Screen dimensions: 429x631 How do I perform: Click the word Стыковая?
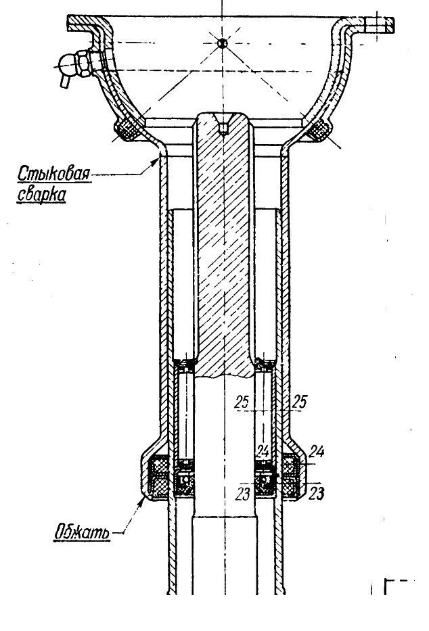pos(54,174)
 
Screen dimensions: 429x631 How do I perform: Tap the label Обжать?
pos(82,532)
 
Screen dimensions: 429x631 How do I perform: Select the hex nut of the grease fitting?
pos(84,63)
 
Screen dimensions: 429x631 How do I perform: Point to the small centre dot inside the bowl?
pos(222,43)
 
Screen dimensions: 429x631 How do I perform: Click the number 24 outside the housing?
pos(317,452)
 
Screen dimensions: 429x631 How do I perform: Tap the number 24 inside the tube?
pos(263,451)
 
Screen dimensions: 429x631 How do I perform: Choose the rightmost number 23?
pos(316,494)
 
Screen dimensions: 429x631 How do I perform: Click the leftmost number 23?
pos(243,494)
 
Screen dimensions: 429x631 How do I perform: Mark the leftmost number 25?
pos(242,402)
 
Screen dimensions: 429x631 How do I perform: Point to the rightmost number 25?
pos(300,402)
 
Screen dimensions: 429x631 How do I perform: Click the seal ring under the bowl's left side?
pos(127,130)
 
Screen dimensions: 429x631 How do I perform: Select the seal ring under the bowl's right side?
pos(319,130)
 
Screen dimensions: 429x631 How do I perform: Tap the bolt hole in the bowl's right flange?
pos(377,25)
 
